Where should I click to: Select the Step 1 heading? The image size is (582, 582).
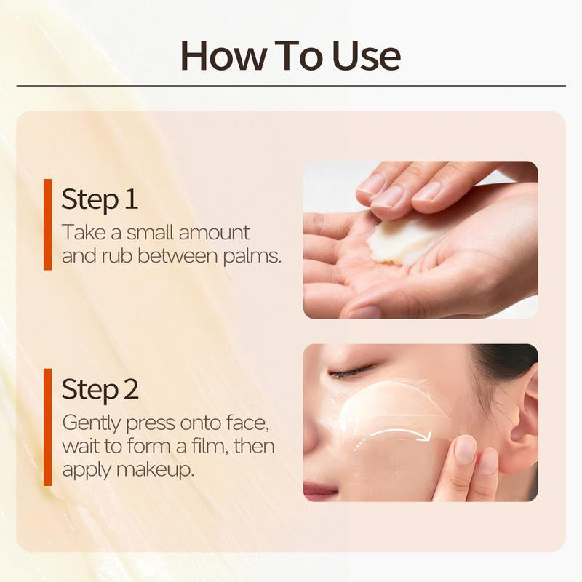[100, 199]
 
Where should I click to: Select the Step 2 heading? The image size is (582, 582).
[100, 389]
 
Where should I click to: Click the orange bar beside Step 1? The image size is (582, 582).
[48, 224]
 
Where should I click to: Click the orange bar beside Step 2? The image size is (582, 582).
[48, 426]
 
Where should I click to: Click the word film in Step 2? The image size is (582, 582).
[211, 446]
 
